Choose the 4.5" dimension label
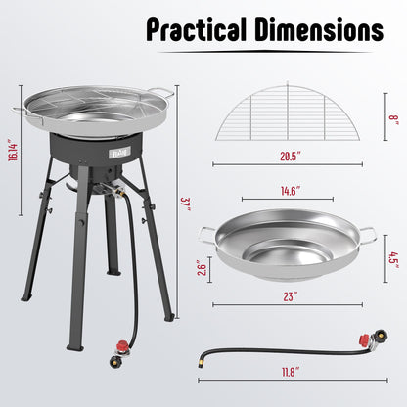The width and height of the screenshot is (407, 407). point(392,259)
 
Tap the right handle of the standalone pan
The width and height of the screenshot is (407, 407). point(367,235)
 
